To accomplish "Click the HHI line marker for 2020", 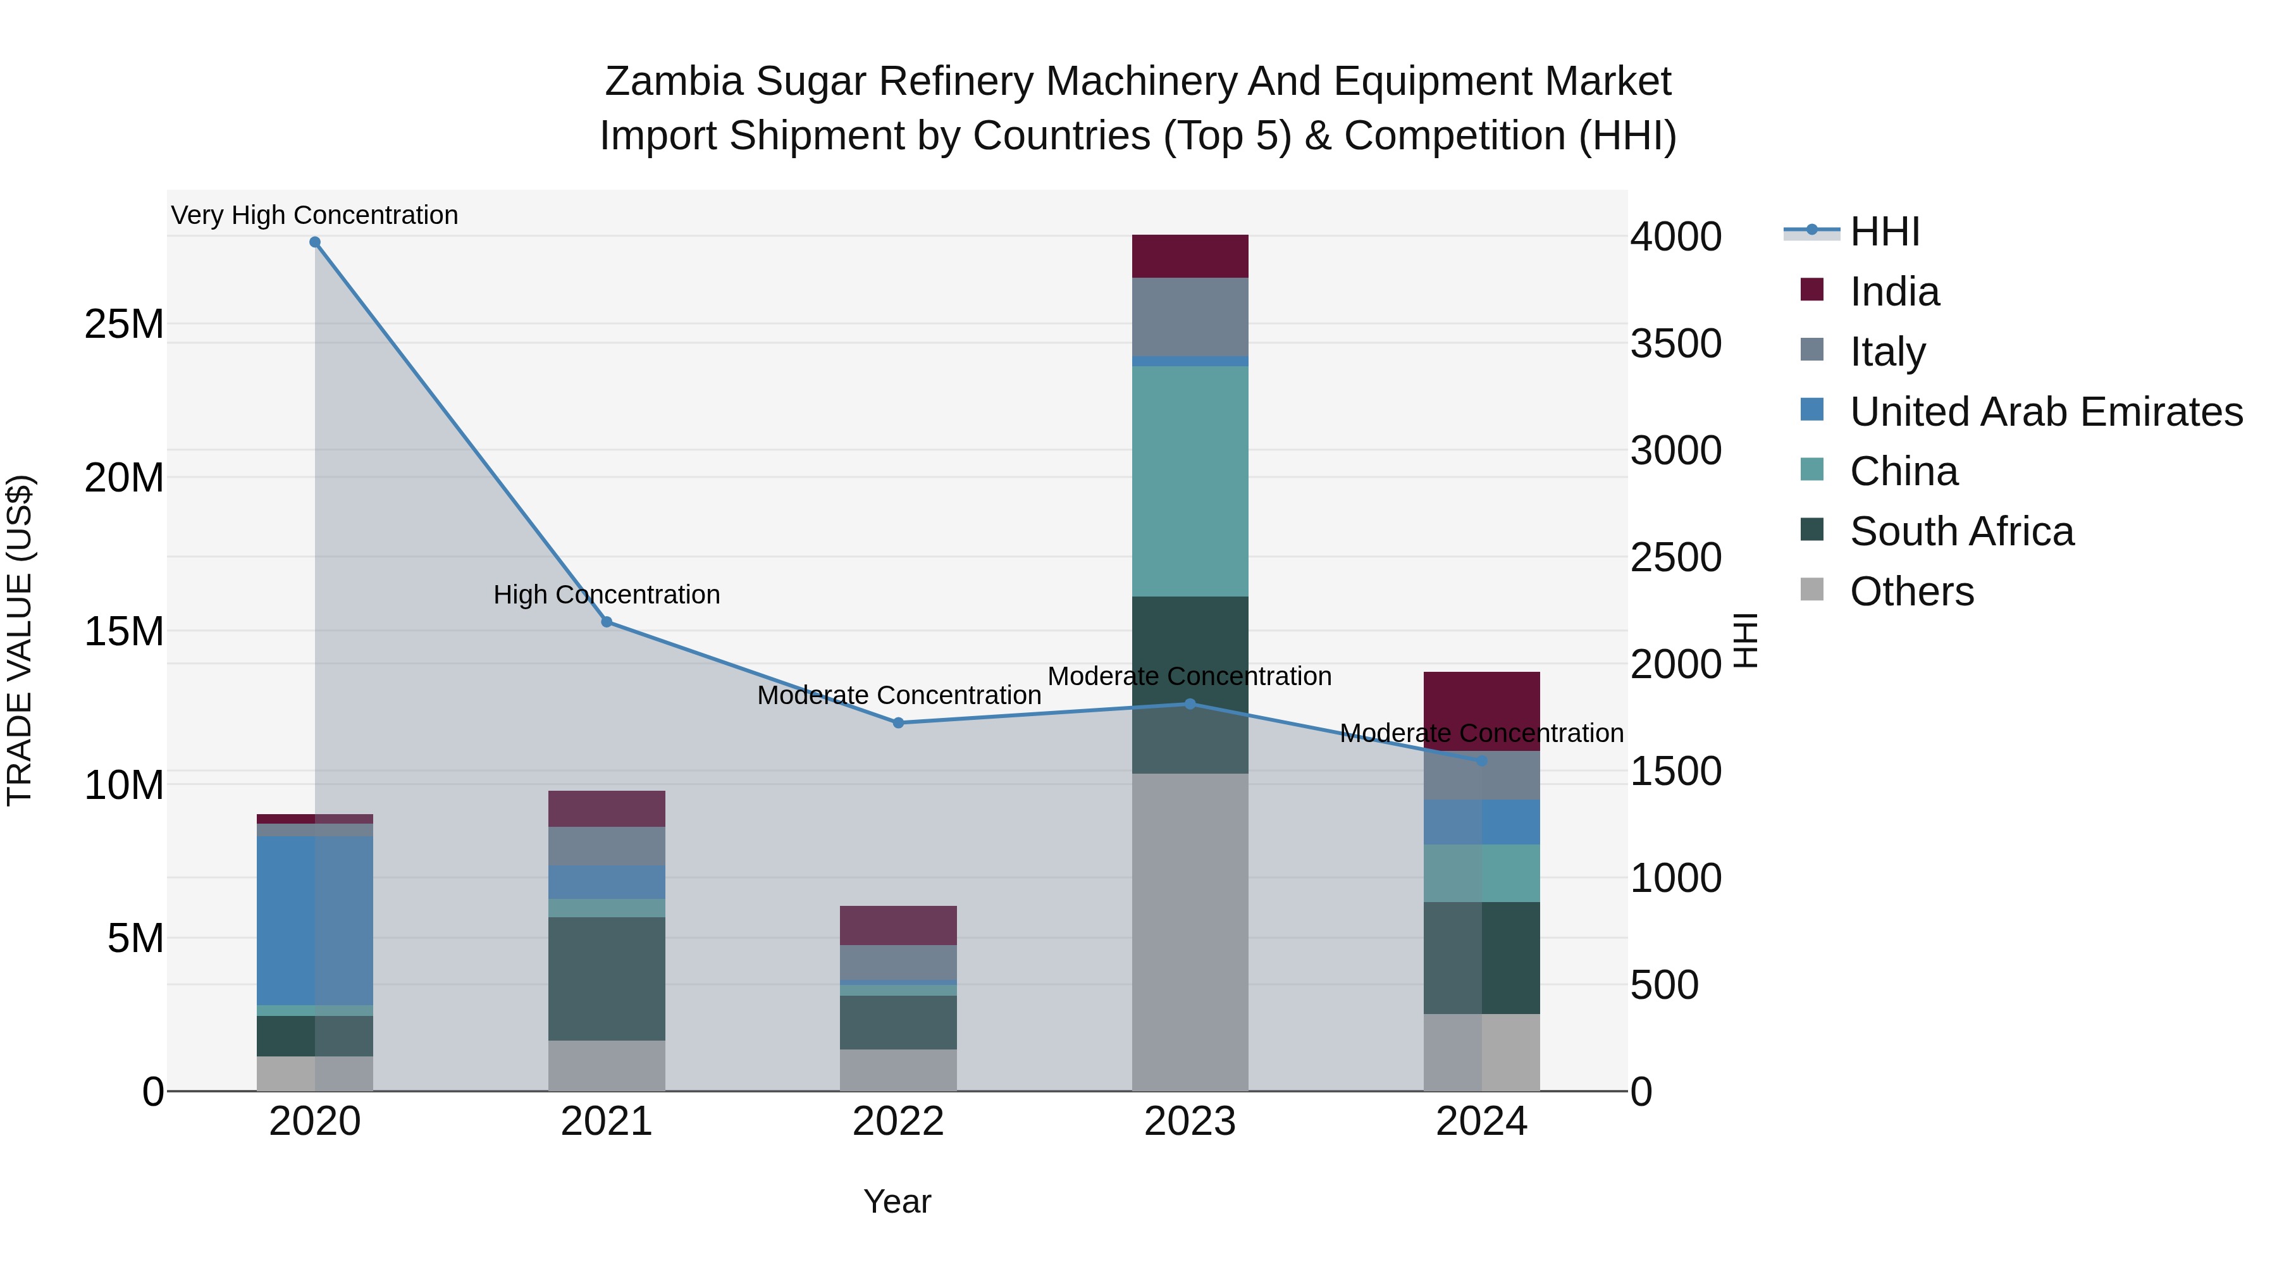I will pos(315,242).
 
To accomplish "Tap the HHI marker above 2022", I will pos(898,723).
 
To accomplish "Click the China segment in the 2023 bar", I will pos(1190,482).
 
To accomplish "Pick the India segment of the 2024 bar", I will pos(1481,711).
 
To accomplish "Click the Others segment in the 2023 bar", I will pos(1190,932).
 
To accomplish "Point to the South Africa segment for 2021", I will pos(607,979).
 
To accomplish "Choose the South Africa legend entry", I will pos(1961,531).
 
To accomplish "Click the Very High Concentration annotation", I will pos(315,215).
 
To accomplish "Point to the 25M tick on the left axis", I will pos(124,325).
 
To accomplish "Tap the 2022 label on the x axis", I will pos(898,1122).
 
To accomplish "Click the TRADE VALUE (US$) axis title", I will pos(20,640).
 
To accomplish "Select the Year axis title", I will pos(896,1201).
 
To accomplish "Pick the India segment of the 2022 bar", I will pos(898,925).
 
